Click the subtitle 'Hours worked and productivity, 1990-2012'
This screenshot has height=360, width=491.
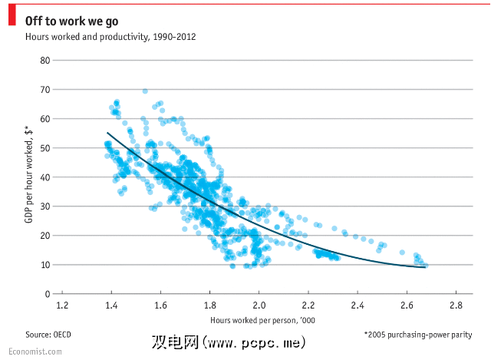click(110, 36)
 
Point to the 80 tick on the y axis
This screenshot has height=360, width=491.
click(44, 60)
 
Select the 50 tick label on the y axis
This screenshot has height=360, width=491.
click(44, 147)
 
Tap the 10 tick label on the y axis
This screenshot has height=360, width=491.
click(44, 265)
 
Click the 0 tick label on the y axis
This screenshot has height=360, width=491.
click(47, 294)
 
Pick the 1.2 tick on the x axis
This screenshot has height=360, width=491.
click(61, 305)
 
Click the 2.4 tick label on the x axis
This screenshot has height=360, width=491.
click(357, 305)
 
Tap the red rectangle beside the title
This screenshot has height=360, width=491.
click(12, 19)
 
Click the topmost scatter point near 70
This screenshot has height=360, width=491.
click(145, 91)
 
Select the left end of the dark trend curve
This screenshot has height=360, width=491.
click(107, 133)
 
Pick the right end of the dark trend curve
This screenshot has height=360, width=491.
click(424, 267)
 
